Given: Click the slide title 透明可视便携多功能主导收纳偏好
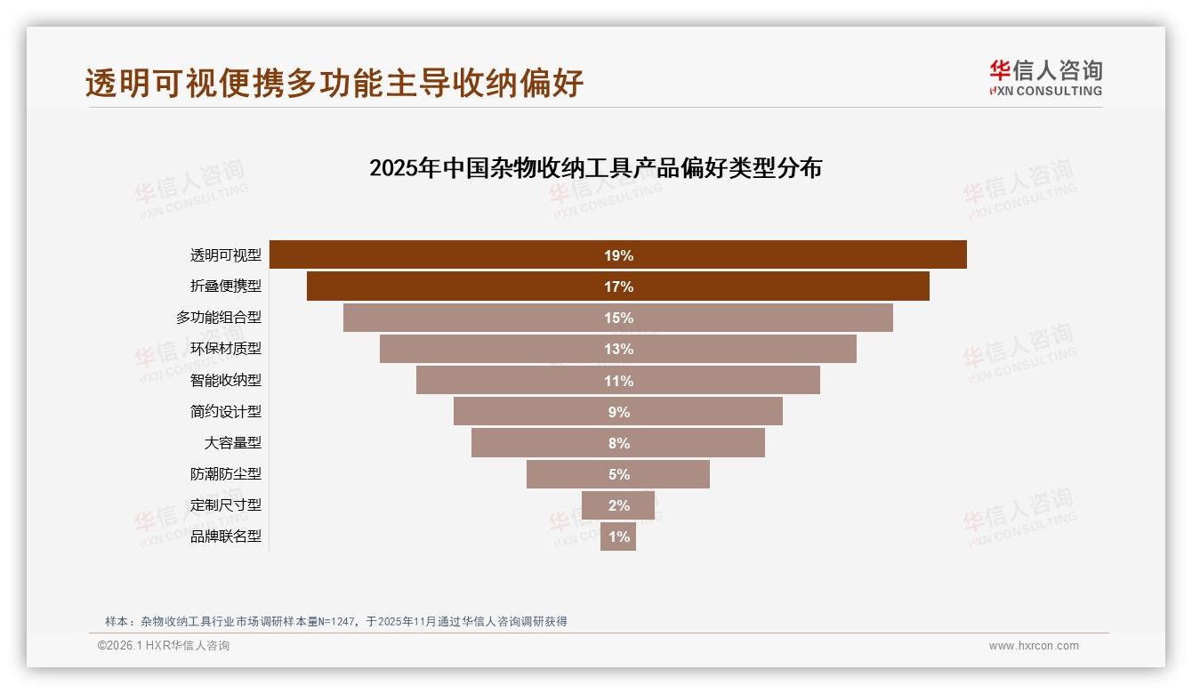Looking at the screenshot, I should [x=334, y=83].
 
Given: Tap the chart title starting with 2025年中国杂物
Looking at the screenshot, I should [x=595, y=168].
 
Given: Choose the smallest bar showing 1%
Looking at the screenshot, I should [x=618, y=537].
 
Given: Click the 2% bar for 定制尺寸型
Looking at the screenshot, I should [x=618, y=505].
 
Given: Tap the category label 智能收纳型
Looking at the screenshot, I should [x=226, y=380].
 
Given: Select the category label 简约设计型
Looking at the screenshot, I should [x=226, y=411].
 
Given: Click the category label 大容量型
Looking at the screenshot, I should [x=233, y=442].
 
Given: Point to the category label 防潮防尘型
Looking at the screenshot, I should [x=226, y=474].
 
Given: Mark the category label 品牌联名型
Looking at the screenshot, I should [x=226, y=537].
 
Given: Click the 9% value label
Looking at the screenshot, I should [x=618, y=412].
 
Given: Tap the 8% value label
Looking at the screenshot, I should [x=618, y=443].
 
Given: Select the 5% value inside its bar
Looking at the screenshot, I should [x=618, y=474].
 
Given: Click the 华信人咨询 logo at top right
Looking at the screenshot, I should [x=1045, y=77].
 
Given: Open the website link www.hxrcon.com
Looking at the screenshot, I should [x=1034, y=646].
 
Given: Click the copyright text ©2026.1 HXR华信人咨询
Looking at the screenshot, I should [x=164, y=646].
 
